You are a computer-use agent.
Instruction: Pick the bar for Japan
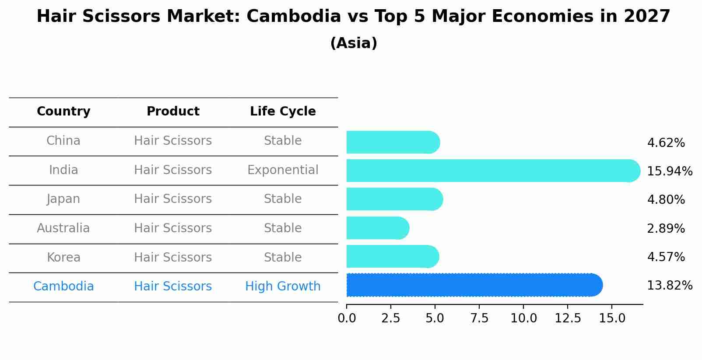(394, 199)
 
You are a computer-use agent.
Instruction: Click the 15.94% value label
(670, 171)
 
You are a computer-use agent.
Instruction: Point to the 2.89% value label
(666, 228)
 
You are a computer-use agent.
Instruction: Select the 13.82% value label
(670, 286)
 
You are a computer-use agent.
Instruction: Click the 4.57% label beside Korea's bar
(666, 257)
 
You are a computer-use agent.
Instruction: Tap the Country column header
(63, 112)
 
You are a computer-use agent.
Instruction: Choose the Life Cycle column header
(283, 112)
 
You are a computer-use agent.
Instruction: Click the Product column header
(173, 112)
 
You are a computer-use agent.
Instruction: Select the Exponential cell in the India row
(283, 170)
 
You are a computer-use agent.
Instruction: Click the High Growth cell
(283, 287)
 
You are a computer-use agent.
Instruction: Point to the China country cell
(63, 141)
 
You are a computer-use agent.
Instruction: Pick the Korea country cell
(63, 257)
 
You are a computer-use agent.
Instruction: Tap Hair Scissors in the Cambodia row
(173, 287)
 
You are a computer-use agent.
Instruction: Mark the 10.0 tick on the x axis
(523, 318)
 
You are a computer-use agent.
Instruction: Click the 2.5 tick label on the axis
(391, 318)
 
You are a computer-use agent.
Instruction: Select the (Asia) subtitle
(354, 43)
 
